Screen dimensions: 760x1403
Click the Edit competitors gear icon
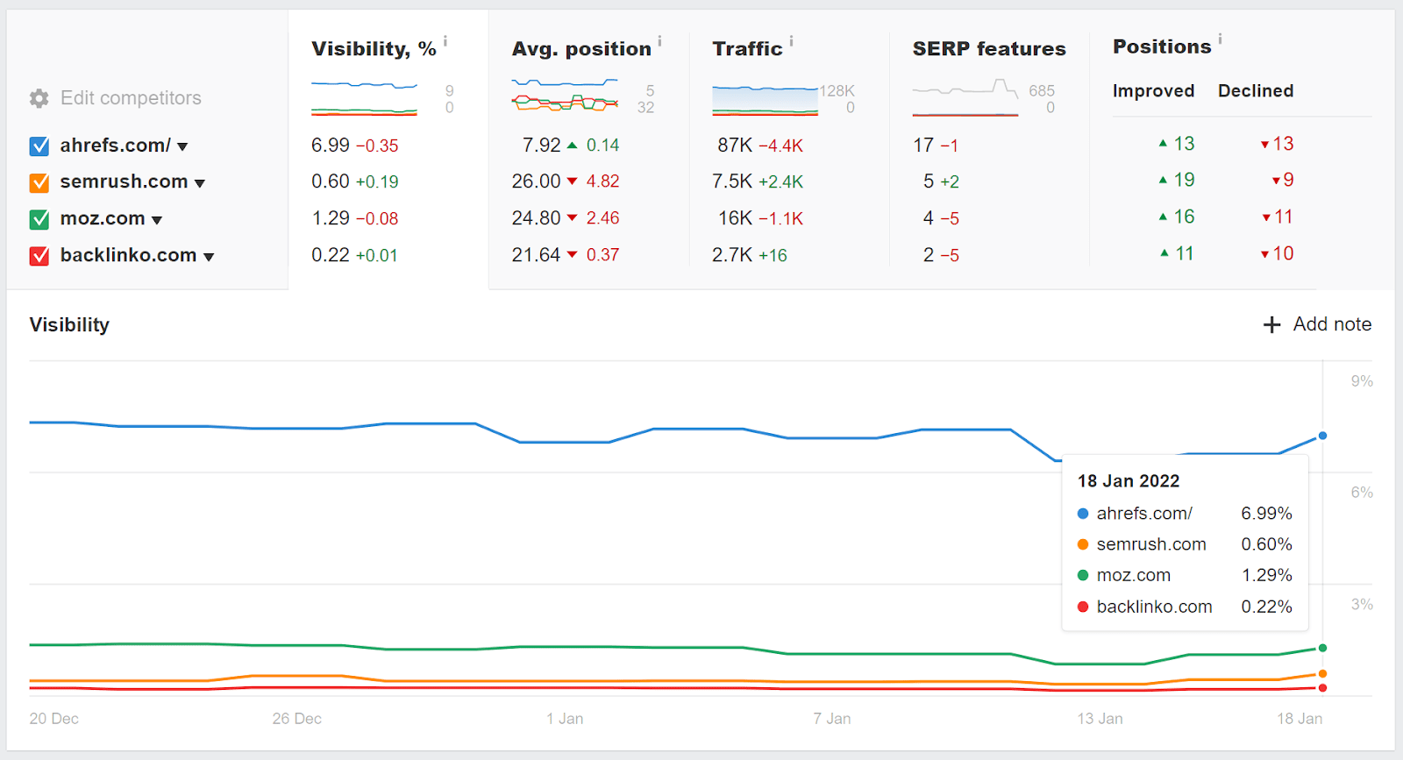coord(39,98)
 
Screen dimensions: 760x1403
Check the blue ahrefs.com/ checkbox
coord(39,146)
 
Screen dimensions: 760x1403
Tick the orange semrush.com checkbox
coord(39,182)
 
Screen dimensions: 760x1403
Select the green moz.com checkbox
coord(39,219)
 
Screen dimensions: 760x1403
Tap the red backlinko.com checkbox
coord(39,256)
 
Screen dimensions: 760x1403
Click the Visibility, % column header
coord(374,49)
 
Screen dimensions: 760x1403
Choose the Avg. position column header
coord(581,49)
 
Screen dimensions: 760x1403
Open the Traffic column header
coord(747,49)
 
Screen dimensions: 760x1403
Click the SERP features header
coord(989,49)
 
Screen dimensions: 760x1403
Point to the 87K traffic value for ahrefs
coord(735,146)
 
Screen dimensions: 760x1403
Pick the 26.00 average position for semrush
coord(536,181)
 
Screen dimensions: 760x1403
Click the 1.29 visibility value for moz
coord(331,218)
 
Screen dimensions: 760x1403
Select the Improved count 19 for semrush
coord(1184,180)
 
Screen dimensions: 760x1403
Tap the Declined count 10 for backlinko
coord(1283,253)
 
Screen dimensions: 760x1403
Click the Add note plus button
coord(1271,324)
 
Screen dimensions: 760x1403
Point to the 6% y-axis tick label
coord(1362,493)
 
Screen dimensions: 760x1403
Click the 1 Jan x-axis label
coord(565,719)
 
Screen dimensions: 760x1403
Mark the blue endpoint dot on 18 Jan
coord(1322,436)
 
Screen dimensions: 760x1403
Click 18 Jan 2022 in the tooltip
coord(1129,481)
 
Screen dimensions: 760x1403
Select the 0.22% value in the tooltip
coord(1266,607)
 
